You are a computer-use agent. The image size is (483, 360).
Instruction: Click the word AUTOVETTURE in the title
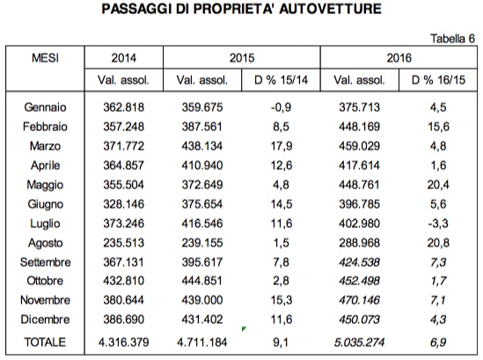(331, 9)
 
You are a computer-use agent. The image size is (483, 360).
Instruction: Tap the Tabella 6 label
(452, 39)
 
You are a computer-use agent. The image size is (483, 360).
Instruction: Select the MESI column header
(45, 58)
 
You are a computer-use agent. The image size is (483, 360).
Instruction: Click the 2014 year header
(123, 58)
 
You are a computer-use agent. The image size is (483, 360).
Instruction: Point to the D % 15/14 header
(281, 80)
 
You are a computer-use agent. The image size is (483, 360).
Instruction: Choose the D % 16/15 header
(438, 80)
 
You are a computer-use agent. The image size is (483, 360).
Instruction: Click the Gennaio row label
(45, 107)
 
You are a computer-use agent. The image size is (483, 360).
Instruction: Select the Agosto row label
(46, 243)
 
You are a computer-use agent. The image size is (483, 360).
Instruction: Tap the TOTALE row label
(45, 342)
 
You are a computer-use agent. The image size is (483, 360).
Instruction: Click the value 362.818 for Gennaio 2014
(123, 107)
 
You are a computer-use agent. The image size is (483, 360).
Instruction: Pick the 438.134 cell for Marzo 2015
(202, 146)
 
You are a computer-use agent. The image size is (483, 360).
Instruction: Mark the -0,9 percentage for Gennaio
(281, 107)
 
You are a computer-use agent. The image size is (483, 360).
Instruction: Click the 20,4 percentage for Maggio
(438, 185)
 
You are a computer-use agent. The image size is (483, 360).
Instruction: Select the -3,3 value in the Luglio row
(438, 224)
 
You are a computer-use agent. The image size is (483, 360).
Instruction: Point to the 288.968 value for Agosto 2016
(360, 243)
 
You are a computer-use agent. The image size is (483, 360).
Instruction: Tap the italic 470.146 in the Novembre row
(360, 300)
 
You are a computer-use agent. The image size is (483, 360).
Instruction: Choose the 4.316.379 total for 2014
(123, 342)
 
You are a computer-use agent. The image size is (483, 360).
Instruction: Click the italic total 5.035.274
(360, 342)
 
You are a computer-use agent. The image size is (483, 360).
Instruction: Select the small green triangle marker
(244, 329)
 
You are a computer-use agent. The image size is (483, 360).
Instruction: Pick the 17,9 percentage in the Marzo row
(282, 146)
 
